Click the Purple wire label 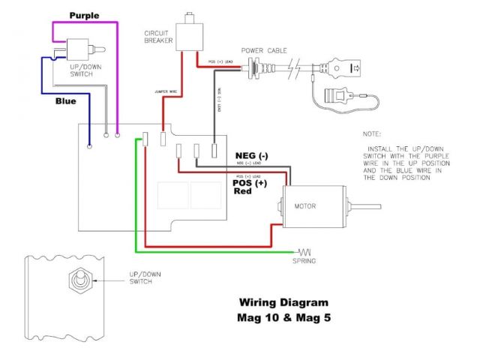(x=83, y=15)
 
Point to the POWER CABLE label (x=271, y=53)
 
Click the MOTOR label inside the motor (x=306, y=205)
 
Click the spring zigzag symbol (x=305, y=250)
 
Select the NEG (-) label (x=252, y=155)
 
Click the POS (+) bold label (x=250, y=181)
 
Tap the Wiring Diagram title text (x=283, y=303)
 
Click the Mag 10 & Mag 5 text (x=283, y=316)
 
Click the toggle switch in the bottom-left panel (x=76, y=282)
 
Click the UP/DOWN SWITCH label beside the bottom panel (x=142, y=278)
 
